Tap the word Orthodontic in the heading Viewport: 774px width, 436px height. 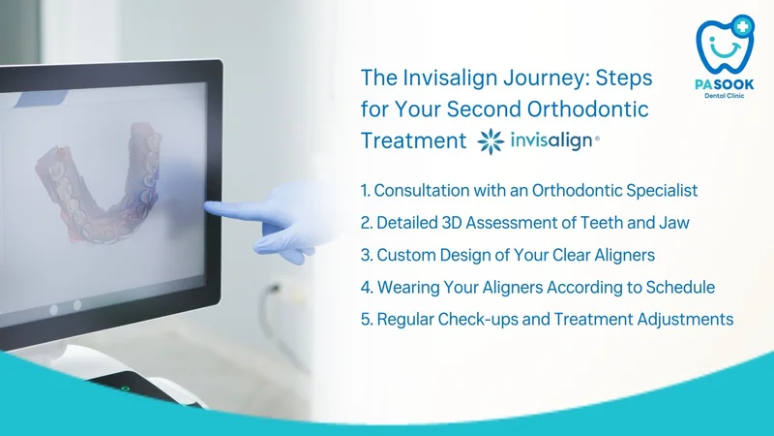(587, 109)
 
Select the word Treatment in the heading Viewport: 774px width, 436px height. (414, 140)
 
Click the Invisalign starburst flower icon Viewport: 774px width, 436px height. (491, 141)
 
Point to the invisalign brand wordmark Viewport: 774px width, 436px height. (554, 140)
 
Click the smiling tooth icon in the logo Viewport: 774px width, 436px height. (725, 45)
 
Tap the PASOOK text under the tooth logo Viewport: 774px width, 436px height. (725, 84)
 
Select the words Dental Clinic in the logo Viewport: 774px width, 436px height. (724, 95)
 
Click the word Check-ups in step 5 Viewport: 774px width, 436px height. (478, 320)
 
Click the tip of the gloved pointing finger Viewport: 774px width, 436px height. (206, 205)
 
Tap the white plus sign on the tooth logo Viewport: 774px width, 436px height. (742, 26)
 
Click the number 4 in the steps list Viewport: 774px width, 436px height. (366, 287)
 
